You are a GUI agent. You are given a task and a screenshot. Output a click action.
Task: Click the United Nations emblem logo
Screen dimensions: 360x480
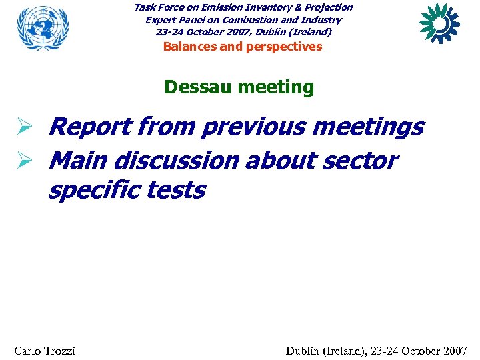pyautogui.click(x=43, y=27)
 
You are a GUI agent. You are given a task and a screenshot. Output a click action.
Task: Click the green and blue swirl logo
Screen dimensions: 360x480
pyautogui.click(x=439, y=23)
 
